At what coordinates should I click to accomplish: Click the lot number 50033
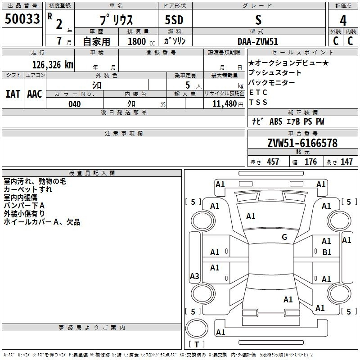pos(22,19)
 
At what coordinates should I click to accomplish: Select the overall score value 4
pos(343,20)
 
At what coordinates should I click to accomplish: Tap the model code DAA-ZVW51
pos(258,41)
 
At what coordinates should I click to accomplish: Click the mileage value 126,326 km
pos(53,64)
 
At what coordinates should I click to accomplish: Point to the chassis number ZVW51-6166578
pos(302,143)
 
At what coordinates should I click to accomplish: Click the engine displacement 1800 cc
pos(137,41)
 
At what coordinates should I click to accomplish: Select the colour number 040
pos(75,104)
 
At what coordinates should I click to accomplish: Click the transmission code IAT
pos(13,94)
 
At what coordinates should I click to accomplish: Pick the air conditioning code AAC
pos(34,94)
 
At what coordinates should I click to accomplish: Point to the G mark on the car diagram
pos(284,237)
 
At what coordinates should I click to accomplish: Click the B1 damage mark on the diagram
pos(327,252)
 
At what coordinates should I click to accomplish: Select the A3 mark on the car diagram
pos(194,276)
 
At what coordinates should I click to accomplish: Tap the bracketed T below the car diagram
pos(197,344)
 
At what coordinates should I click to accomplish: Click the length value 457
pos(273,162)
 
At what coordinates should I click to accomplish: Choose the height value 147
pos(346,162)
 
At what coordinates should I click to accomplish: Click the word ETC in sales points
pos(258,92)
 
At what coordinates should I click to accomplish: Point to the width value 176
pos(310,162)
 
